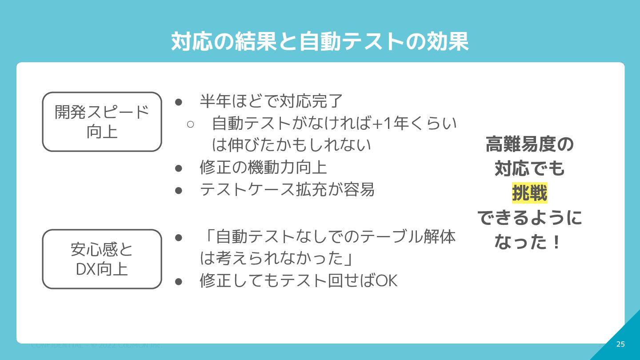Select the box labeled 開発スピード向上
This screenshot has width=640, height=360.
[102, 122]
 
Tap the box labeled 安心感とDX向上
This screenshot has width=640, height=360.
[102, 259]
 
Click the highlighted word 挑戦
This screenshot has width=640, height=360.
[529, 193]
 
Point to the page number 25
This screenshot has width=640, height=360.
[620, 344]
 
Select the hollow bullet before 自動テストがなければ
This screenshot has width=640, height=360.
[191, 124]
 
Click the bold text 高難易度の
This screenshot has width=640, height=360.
[529, 144]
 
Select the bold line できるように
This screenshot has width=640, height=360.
[529, 218]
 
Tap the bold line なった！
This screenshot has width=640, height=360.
[528, 242]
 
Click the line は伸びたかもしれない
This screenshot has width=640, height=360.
[292, 145]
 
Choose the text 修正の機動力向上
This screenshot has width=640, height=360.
[264, 168]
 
